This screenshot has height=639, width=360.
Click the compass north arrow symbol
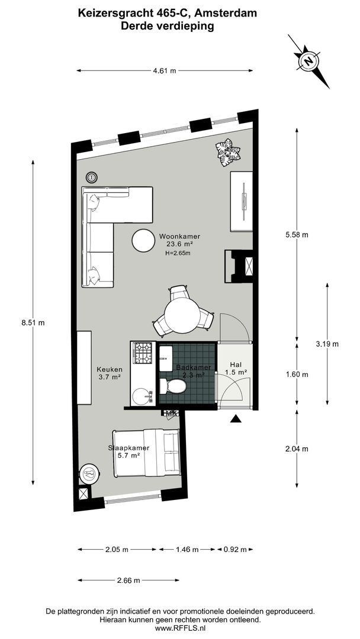308,61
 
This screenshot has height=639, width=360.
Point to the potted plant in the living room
228,153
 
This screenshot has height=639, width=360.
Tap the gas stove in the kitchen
143,355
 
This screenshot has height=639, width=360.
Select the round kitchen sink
142,396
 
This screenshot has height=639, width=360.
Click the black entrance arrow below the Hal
236,419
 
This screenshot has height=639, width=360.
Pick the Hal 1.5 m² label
236,369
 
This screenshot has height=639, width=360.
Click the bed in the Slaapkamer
147,453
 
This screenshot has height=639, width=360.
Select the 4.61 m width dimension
165,71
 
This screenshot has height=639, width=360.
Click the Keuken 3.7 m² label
110,373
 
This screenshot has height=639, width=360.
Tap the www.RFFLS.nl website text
180,628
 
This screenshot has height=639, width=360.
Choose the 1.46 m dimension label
187,550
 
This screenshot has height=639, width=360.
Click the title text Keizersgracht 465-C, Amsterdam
168,12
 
